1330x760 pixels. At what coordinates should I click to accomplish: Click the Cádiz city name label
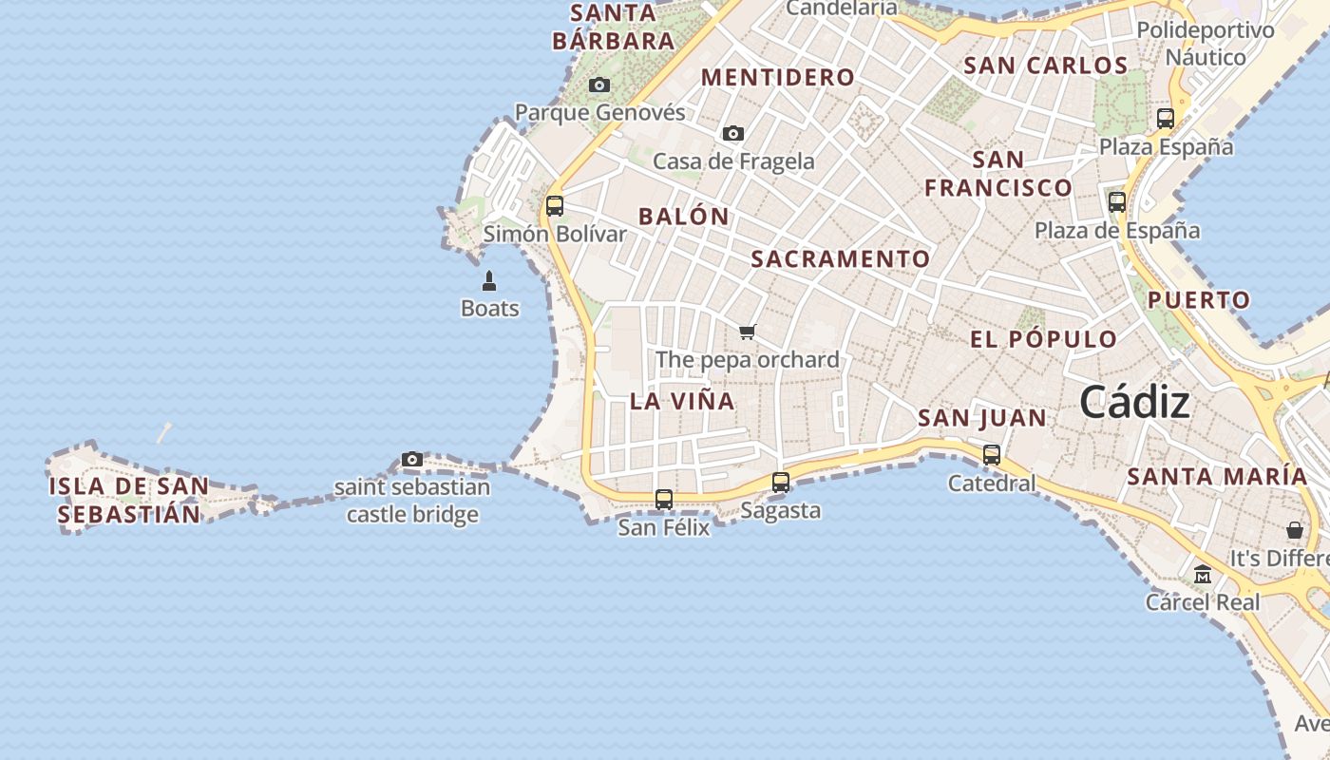tap(1134, 402)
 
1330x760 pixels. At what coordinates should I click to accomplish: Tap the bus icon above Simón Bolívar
tap(555, 205)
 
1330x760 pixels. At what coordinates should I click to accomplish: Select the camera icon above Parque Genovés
tap(598, 85)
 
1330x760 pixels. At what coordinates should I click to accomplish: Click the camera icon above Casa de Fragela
tap(732, 134)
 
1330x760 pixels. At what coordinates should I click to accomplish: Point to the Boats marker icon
tap(489, 281)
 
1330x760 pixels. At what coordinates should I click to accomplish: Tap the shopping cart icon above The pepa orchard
tap(748, 332)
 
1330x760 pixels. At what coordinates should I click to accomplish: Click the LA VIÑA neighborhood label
tap(682, 401)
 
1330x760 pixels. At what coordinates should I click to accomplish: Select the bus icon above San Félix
tap(664, 499)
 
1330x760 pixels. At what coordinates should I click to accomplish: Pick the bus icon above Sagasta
tap(781, 482)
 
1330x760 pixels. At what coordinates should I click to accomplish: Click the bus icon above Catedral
tap(992, 455)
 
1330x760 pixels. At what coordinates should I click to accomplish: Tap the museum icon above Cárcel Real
tap(1203, 574)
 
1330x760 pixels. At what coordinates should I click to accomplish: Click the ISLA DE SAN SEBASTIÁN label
tap(128, 501)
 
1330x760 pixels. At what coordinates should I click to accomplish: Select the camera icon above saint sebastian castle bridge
tap(411, 460)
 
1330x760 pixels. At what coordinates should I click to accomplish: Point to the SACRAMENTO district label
tap(841, 258)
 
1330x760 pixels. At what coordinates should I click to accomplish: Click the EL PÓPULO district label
tap(1043, 339)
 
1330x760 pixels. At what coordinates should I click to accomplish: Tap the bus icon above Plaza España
tap(1166, 119)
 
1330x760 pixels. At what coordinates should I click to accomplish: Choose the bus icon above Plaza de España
tap(1117, 201)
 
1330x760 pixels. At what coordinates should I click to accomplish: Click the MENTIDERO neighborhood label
tap(778, 78)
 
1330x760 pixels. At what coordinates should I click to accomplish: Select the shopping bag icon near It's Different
tap(1294, 530)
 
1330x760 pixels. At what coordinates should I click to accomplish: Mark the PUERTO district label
tap(1199, 300)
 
